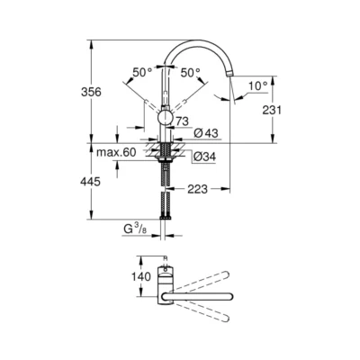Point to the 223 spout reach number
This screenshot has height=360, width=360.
tap(199, 189)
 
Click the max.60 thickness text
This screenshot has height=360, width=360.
tap(117, 152)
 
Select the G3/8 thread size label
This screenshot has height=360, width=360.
tap(136, 230)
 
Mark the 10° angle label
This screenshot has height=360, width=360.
tap(256, 85)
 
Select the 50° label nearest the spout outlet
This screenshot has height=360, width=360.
tap(190, 72)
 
